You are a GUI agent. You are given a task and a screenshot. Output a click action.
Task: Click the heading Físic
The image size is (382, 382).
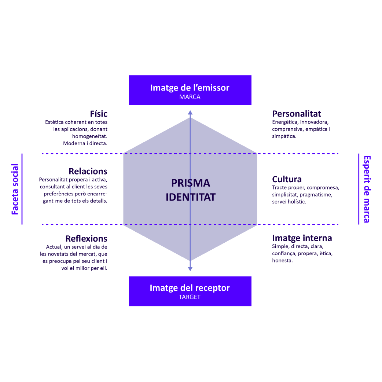point(99,114)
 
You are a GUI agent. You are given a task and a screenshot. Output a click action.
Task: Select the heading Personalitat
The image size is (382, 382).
point(297,114)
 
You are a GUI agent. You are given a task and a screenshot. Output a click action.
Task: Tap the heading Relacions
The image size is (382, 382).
point(88,171)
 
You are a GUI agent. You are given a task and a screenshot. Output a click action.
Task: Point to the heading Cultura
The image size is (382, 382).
point(287,179)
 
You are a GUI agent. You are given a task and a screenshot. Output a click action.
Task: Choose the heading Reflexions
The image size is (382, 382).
point(86,239)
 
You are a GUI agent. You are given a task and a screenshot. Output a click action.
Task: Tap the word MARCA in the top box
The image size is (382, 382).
point(190,97)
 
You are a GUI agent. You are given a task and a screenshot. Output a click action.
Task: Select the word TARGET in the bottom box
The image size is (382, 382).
point(190,297)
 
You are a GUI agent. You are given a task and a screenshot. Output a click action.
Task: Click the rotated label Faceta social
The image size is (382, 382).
point(15,189)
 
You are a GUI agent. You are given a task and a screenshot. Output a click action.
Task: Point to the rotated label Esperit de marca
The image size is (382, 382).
point(366,189)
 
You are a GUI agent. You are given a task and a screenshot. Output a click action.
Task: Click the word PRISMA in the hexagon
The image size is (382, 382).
point(190,183)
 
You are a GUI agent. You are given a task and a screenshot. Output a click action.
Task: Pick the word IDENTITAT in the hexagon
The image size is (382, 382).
point(190,197)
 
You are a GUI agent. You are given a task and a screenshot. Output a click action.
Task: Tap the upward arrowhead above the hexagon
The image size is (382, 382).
point(190,113)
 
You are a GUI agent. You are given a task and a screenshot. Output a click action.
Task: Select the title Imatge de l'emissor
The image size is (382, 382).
point(190,88)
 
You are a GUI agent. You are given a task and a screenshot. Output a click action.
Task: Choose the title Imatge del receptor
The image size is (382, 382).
point(190,288)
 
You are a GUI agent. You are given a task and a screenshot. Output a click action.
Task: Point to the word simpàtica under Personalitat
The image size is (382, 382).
point(283,136)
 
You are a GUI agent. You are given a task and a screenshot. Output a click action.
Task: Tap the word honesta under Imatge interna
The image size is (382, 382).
point(282,260)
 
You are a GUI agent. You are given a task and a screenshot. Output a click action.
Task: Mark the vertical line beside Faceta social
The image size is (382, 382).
point(22,189)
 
